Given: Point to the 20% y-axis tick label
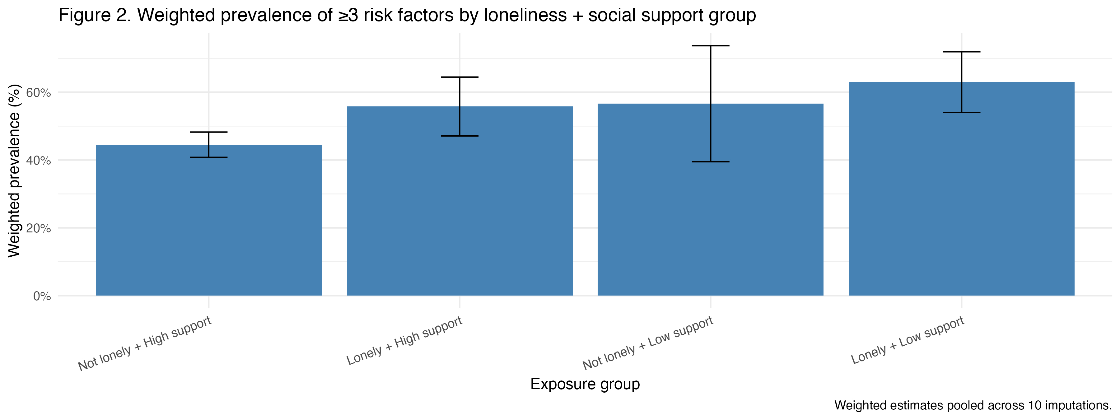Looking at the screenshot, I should [39, 228].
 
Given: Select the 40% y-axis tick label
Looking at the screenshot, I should [39, 161].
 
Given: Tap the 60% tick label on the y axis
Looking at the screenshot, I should [39, 93].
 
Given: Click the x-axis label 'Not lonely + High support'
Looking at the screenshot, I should [145, 343].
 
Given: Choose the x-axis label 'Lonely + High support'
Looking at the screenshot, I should [404, 340].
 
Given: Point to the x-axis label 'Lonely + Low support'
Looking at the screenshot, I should [908, 340].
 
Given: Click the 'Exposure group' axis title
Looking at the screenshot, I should [585, 384].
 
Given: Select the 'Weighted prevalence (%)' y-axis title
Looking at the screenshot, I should [14, 170].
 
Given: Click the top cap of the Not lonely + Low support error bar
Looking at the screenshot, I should [711, 46].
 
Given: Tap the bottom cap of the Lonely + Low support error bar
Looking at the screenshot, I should [961, 113].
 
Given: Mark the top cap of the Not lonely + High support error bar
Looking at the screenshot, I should [209, 132].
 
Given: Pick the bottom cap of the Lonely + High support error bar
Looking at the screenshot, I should [460, 136].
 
